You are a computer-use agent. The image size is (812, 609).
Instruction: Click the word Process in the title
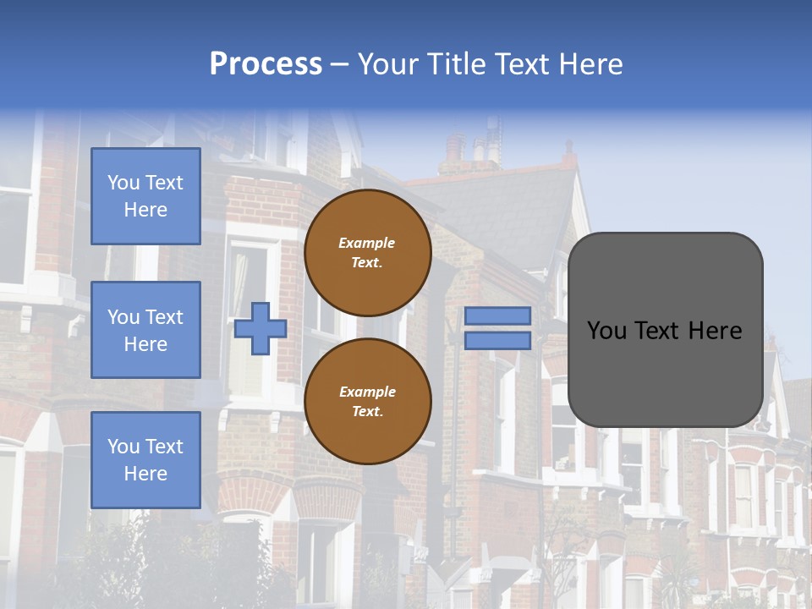pos(266,64)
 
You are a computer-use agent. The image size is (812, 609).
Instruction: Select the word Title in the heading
pos(454,64)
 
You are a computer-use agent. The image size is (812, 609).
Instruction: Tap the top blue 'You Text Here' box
pos(145,196)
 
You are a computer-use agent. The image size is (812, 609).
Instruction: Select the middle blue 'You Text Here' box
pos(145,330)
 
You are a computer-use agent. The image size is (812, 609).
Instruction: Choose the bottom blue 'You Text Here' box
pos(145,460)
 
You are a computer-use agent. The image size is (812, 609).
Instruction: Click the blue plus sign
pos(260,329)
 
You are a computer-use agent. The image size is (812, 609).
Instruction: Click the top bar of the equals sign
pos(497,315)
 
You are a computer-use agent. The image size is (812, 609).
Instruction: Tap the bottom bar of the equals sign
pos(497,340)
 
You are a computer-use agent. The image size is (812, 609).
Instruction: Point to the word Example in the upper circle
pos(367,243)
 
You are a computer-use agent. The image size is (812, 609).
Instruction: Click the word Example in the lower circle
pos(367,392)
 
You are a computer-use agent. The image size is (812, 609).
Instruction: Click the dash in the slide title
pos(339,64)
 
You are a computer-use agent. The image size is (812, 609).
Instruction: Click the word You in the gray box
pos(607,331)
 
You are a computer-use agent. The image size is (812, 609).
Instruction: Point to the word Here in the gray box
pos(716,331)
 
